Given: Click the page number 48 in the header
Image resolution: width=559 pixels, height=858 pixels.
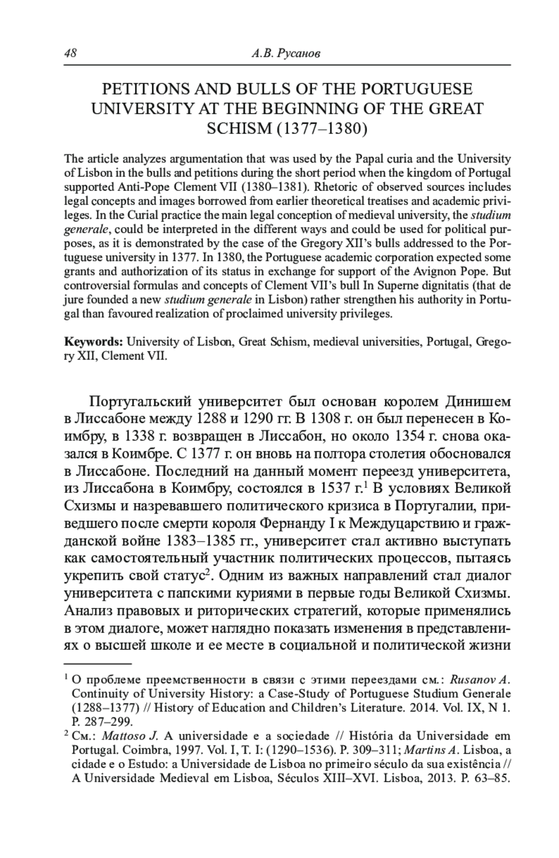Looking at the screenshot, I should click(70, 53).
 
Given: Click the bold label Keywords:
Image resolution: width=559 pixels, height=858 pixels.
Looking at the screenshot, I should click(93, 341).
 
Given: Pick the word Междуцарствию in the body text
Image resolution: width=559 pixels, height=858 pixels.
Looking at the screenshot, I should click(403, 524).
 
